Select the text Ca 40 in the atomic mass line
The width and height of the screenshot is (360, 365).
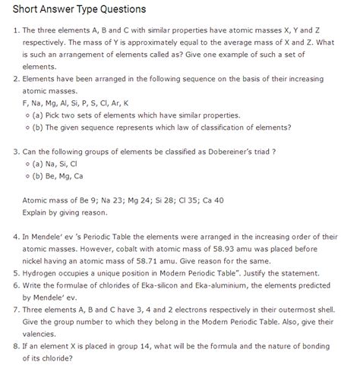210,200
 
